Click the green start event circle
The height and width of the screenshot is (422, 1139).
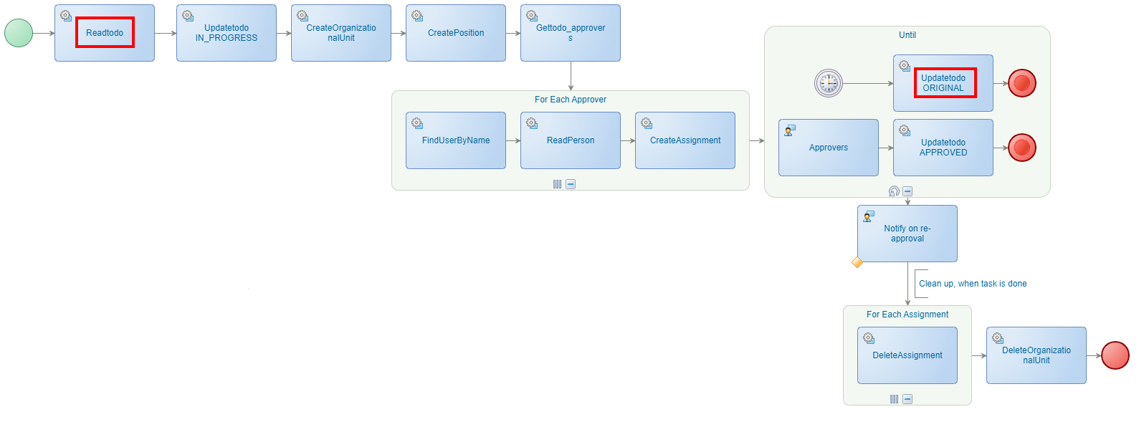click(x=19, y=33)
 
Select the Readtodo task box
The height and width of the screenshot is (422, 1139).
click(x=105, y=33)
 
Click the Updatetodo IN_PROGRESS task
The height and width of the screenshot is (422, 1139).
click(x=227, y=33)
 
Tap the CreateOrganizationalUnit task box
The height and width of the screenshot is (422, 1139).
click(x=341, y=33)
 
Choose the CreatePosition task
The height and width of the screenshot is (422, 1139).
click(x=456, y=33)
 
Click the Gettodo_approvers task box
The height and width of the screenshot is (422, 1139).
click(x=571, y=33)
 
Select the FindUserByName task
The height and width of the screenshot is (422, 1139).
click(x=456, y=140)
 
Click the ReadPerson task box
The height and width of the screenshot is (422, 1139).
click(x=571, y=140)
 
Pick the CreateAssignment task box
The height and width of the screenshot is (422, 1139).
click(x=685, y=140)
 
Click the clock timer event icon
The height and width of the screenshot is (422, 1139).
click(x=829, y=83)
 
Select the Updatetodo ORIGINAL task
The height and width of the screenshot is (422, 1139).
click(x=943, y=83)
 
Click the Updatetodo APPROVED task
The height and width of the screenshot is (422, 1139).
click(x=943, y=148)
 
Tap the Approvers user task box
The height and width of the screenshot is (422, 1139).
click(x=829, y=148)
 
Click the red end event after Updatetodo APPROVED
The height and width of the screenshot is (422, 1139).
click(x=1022, y=148)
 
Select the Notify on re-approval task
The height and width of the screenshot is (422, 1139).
click(x=907, y=234)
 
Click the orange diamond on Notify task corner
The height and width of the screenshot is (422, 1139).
click(x=857, y=262)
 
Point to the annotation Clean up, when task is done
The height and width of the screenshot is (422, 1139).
click(x=973, y=284)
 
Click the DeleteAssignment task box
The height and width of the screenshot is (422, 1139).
click(x=907, y=355)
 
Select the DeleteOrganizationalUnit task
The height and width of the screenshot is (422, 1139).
click(x=1036, y=355)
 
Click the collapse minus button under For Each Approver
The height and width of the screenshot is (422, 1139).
click(x=571, y=184)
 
